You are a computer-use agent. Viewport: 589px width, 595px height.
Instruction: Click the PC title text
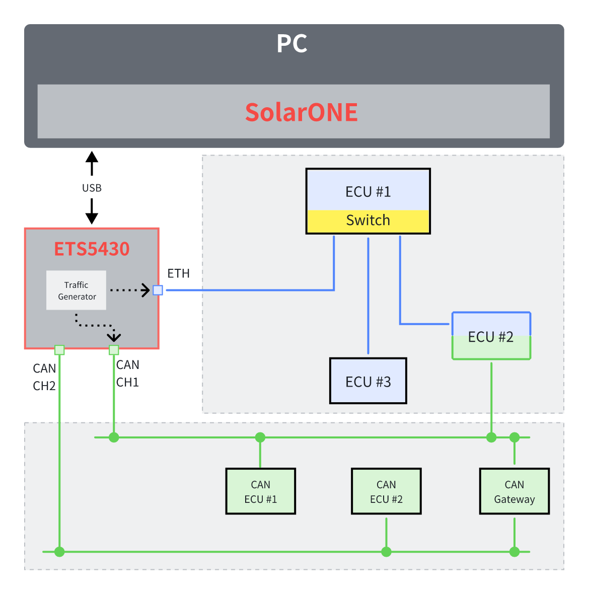click(x=292, y=44)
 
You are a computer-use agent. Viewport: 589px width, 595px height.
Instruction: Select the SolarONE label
click(x=301, y=112)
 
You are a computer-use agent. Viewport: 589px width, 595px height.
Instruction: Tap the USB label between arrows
click(x=92, y=188)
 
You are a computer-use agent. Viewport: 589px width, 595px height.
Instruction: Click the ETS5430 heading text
click(x=92, y=249)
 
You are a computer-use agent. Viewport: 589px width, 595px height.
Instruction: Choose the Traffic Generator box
click(x=76, y=290)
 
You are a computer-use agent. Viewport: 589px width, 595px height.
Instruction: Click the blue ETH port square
click(x=158, y=290)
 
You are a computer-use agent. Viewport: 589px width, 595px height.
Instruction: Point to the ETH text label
click(x=179, y=273)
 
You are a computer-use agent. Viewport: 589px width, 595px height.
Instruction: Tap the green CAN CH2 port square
click(x=59, y=350)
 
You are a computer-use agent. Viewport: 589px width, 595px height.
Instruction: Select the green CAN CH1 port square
click(x=114, y=350)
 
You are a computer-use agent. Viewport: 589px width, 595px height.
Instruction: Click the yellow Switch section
click(x=368, y=220)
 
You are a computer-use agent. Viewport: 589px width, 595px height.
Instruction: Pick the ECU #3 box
click(x=368, y=381)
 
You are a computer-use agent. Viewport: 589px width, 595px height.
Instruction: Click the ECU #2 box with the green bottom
click(x=491, y=336)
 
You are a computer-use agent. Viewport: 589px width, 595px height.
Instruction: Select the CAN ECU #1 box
click(x=260, y=491)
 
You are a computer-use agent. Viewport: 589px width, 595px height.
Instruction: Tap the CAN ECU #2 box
click(x=386, y=491)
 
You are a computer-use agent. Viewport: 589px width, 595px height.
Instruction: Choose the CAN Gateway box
click(x=514, y=491)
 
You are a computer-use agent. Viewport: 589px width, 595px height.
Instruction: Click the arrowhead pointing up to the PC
click(x=92, y=157)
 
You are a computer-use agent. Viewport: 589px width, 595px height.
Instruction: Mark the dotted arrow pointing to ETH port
click(x=130, y=290)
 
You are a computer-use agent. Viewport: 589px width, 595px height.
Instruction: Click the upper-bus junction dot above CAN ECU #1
click(x=260, y=437)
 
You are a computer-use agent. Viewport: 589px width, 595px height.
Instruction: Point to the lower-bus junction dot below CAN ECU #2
click(x=386, y=552)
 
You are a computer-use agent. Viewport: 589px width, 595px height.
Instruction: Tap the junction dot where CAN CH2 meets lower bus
click(x=59, y=552)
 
